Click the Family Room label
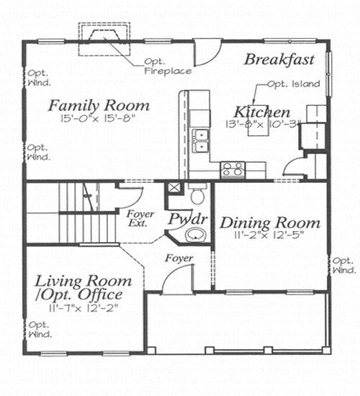tap(99, 106)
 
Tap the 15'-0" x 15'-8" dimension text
tap(98, 118)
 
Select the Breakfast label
tap(279, 60)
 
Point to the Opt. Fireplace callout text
tap(168, 66)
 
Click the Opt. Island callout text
tap(294, 84)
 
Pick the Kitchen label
tap(262, 112)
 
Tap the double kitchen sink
tap(201, 140)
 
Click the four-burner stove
tap(233, 169)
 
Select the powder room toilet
tap(197, 194)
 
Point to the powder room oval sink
tap(196, 235)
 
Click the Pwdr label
tap(188, 219)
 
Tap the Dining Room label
tap(270, 223)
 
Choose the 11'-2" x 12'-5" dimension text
tap(269, 235)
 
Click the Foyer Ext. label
tap(140, 218)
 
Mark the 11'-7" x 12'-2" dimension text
tap(84, 307)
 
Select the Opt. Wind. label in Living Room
tap(40, 329)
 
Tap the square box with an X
tap(173, 188)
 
